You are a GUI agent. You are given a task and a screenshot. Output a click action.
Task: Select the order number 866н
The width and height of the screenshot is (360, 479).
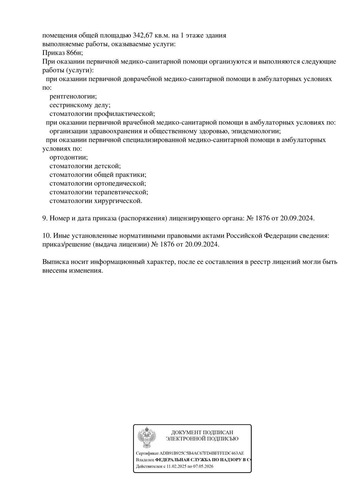pyautogui.click(x=74, y=53)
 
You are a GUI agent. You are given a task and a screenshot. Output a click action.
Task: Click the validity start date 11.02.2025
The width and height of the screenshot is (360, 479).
pyautogui.click(x=177, y=466)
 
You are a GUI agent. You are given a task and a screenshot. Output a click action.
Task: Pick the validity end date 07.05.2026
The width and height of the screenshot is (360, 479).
pyautogui.click(x=203, y=466)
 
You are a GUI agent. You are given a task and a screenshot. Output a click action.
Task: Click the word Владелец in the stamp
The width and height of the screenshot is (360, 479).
pyautogui.click(x=145, y=460)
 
